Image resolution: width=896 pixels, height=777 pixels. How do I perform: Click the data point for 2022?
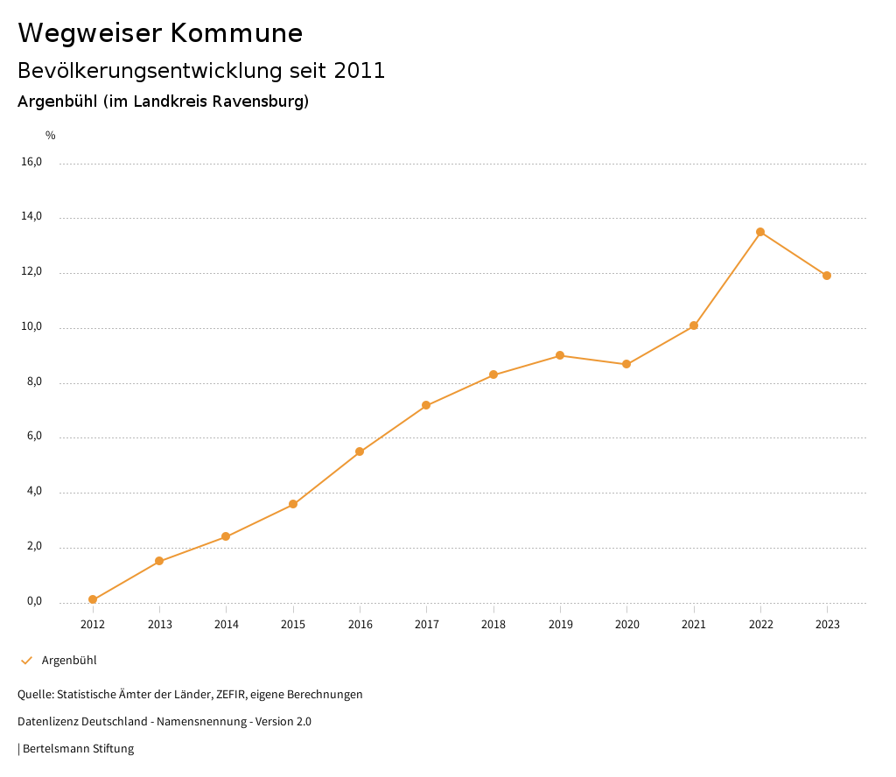(760, 232)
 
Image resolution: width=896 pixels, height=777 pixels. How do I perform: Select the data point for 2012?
(93, 599)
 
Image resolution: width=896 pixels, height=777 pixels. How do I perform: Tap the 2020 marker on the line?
(626, 364)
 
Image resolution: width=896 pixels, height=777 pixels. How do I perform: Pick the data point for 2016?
(360, 451)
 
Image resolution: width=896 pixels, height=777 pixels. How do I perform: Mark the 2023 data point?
(827, 276)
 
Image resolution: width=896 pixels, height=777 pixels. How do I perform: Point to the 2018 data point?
(493, 374)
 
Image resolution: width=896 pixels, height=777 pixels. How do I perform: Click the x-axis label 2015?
(293, 625)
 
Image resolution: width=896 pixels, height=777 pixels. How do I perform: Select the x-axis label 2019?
(560, 625)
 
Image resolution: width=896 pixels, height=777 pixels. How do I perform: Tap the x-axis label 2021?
(694, 625)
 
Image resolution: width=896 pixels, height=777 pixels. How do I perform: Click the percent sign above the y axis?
(51, 136)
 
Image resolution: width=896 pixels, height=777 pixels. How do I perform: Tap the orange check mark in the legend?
(26, 661)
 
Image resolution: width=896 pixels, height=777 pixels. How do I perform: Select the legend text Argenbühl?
(69, 661)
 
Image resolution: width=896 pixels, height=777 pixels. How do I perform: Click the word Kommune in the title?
(236, 33)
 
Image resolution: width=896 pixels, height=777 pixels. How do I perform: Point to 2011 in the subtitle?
(360, 71)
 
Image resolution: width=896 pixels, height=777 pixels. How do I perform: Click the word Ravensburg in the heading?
(259, 101)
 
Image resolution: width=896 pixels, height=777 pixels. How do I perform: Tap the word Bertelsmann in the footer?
(55, 749)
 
